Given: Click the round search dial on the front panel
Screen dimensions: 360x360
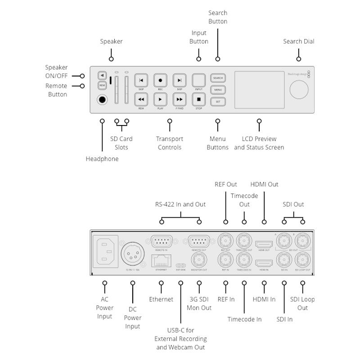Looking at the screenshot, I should click(299, 89).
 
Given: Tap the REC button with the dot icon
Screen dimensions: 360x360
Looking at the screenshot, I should click(160, 80).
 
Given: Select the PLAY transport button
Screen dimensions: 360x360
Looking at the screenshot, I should click(160, 99).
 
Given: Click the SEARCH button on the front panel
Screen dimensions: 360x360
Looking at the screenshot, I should click(218, 78).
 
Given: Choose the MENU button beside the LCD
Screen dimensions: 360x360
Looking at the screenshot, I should click(218, 90).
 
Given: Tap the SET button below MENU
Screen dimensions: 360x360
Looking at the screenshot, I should click(218, 102).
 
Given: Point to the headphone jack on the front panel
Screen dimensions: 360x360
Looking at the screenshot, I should click(103, 100).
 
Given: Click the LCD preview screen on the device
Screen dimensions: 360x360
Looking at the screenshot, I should click(259, 90).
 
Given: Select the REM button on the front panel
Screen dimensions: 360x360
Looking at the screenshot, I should click(102, 85).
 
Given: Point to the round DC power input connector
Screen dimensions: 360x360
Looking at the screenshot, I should click(133, 255).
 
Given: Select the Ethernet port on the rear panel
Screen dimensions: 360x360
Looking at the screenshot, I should click(161, 260).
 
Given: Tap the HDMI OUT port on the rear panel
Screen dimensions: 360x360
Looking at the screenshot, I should click(264, 244).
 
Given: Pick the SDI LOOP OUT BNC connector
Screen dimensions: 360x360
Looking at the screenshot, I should click(302, 260).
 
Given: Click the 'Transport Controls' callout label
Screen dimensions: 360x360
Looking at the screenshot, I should click(169, 143).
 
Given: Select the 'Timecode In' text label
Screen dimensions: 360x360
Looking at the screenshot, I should click(244, 319).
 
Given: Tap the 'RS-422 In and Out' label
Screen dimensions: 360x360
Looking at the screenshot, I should click(180, 204).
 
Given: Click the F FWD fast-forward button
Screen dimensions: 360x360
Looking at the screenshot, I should click(180, 99).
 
